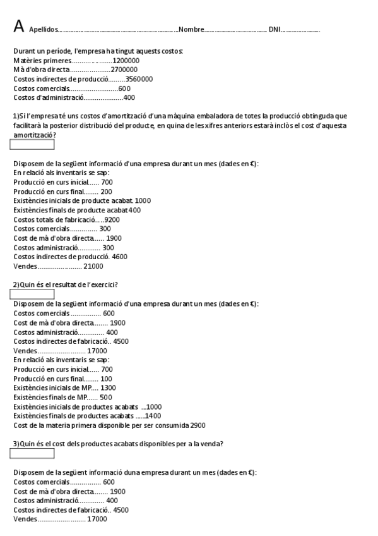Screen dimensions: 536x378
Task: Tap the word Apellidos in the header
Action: pos(43,30)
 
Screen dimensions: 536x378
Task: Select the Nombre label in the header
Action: pos(192,30)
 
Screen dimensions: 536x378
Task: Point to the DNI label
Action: pos(275,30)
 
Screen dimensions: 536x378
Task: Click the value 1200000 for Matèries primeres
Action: pos(126,60)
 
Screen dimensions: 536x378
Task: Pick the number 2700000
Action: pos(124,70)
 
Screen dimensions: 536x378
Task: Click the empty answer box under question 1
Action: pos(32,145)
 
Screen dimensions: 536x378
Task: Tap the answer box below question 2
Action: pos(32,294)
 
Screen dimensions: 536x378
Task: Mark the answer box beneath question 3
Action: pos(32,453)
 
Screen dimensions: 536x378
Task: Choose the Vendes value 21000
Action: pos(93,267)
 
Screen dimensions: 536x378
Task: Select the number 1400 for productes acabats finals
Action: pos(153,416)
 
